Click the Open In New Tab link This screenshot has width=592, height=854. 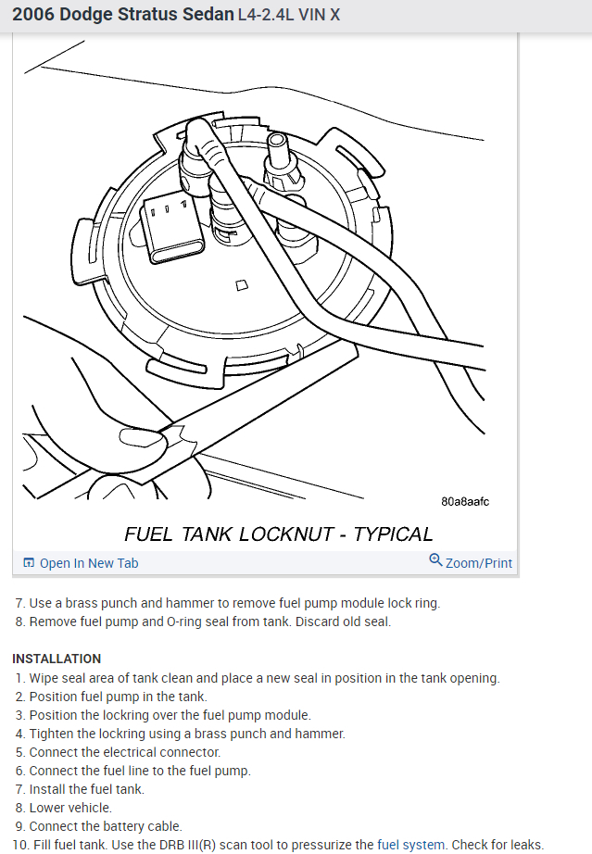coord(88,563)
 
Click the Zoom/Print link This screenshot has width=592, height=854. coord(478,563)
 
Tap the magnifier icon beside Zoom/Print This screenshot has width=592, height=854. coord(435,559)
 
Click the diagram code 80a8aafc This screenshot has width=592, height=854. coord(465,502)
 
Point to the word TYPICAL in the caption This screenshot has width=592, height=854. coord(394,534)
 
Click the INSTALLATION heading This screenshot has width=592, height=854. coord(57,659)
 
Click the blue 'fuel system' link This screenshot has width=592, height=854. coord(409,845)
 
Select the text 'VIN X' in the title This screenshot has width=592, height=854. coord(320,16)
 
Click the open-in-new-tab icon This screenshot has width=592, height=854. coord(29,563)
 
